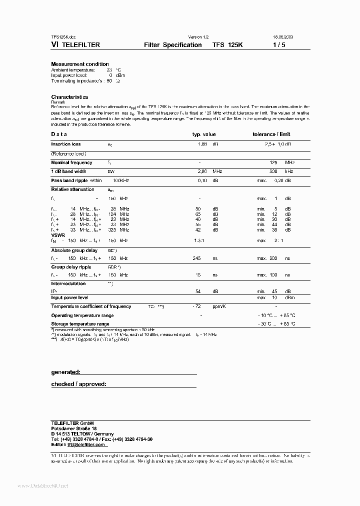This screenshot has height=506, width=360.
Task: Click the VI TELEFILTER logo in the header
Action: [x=75, y=44]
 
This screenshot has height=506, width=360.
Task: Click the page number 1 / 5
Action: [x=278, y=44]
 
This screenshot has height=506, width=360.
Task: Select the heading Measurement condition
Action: [x=80, y=64]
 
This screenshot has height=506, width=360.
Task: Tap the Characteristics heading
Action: [x=69, y=97]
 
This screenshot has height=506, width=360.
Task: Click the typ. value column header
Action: [x=204, y=134]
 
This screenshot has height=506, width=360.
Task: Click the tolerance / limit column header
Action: [x=271, y=134]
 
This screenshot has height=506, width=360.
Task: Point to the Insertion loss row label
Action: [x=65, y=144]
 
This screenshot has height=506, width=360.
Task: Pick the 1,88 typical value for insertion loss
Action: [x=201, y=144]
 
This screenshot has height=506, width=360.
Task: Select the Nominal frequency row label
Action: [x=71, y=162]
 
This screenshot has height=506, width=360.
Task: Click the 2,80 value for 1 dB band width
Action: [x=202, y=171]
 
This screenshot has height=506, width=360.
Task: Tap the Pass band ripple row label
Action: [x=70, y=180]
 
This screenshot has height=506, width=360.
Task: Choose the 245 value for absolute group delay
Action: [x=196, y=258]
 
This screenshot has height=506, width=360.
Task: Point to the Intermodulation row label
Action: [x=69, y=283]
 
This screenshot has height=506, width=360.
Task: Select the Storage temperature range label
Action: [x=80, y=324]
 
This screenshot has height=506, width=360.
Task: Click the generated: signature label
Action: [x=65, y=372]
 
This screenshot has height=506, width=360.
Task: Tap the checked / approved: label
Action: [x=78, y=384]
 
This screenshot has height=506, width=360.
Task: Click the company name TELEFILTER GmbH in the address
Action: [x=72, y=423]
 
